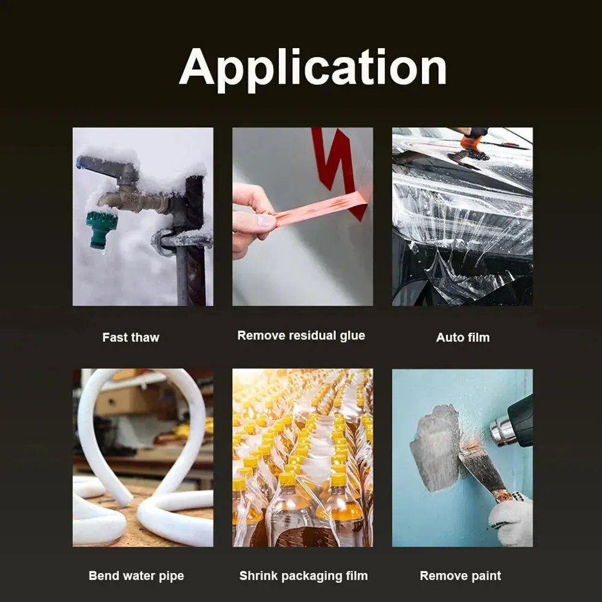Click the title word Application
click(312, 67)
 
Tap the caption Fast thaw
click(131, 337)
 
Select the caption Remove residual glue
click(301, 335)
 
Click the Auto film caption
click(462, 337)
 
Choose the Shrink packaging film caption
click(303, 576)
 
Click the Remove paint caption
click(460, 576)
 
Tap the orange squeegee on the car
click(471, 143)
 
